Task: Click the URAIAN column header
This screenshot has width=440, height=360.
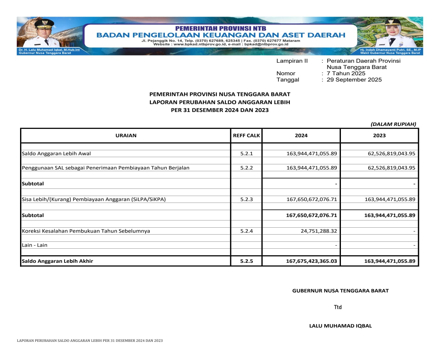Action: [x=126, y=135]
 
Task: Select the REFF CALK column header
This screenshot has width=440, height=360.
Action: [x=246, y=135]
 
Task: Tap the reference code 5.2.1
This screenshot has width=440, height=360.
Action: [x=246, y=154]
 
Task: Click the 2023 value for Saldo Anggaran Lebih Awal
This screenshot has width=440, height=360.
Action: [x=391, y=154]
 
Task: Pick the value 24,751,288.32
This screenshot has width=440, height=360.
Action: [x=319, y=231]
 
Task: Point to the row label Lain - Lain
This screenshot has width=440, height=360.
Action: [x=34, y=245]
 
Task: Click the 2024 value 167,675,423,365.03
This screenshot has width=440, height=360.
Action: [x=311, y=261]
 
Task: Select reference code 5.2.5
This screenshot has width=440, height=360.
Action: [x=246, y=261]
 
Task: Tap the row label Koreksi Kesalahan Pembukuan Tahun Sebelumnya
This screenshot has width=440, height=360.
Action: [x=86, y=231]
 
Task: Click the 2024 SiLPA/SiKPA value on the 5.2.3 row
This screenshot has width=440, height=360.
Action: [x=311, y=199]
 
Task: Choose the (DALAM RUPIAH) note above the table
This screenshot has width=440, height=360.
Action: [x=393, y=124]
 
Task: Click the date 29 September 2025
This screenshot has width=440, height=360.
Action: [x=354, y=80]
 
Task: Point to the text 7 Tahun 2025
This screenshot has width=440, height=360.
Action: [x=346, y=73]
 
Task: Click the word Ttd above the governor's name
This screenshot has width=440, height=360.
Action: [x=338, y=307]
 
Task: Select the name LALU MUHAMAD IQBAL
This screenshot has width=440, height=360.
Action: [x=340, y=326]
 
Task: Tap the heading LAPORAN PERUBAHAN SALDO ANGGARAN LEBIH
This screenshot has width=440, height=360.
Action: [x=220, y=102]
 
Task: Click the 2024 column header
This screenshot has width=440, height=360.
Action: [x=301, y=135]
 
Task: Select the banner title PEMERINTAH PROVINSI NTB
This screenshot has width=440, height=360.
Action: [x=220, y=29]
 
